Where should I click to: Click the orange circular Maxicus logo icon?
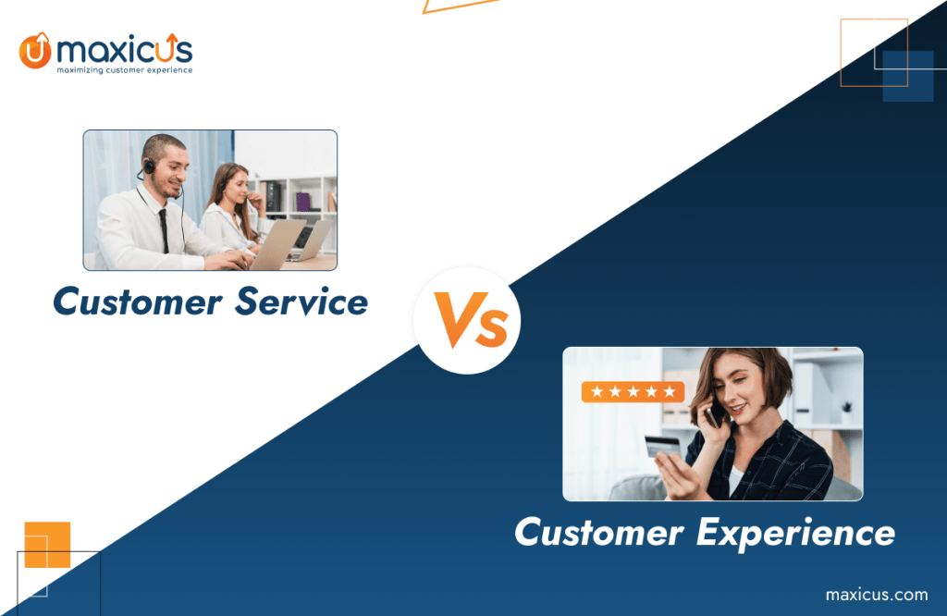34,50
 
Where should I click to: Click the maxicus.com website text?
876,594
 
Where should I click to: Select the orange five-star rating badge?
633,392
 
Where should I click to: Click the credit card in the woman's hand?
662,446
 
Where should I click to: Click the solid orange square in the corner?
47,545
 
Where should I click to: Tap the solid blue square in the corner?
907,76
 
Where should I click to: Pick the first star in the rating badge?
596,392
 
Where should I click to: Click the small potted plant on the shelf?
846,413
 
